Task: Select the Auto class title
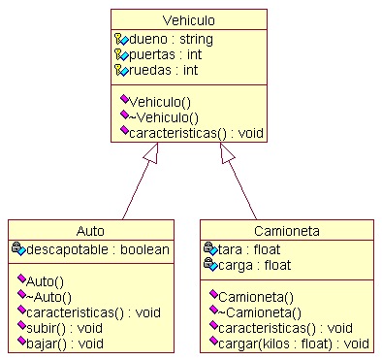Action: (x=90, y=231)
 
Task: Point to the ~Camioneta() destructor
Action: (x=260, y=312)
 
